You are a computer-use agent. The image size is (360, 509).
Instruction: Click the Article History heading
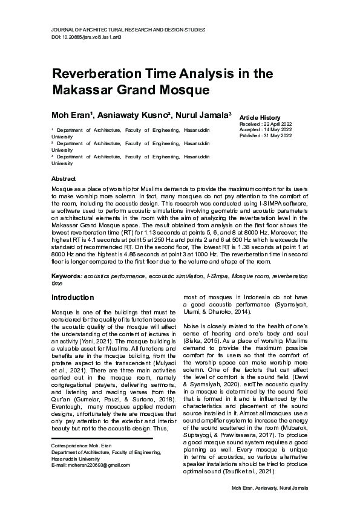[x=260, y=117]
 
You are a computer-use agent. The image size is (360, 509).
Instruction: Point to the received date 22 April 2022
[x=275, y=124]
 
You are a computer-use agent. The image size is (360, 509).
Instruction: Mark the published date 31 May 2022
[x=276, y=135]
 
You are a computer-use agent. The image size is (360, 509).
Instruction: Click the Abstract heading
[x=64, y=180]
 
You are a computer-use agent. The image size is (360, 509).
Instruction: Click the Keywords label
[x=66, y=276]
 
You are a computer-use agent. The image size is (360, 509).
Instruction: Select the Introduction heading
[x=73, y=297]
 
